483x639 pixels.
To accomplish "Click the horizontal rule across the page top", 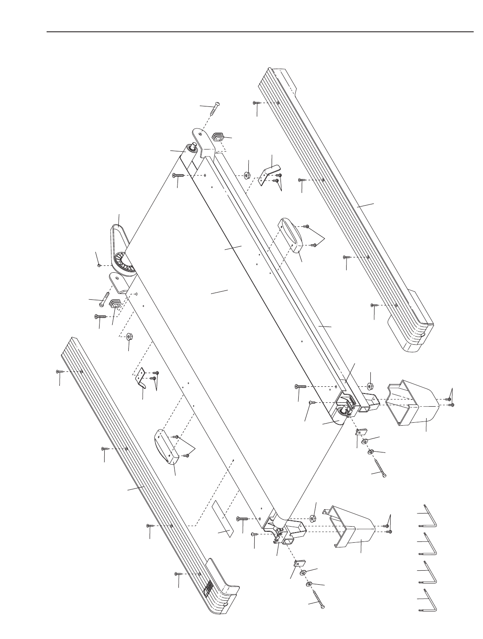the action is (260, 32).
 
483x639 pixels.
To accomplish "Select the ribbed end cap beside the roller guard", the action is (115, 304).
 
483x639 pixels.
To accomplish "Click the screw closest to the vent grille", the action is (178, 574).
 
